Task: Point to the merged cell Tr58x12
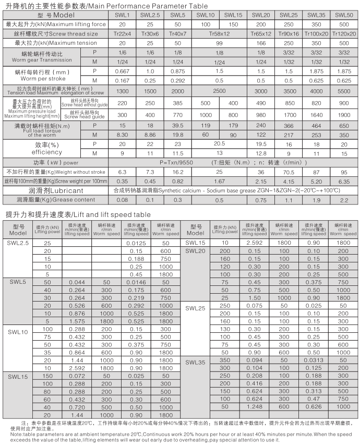click(x=219, y=33)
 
